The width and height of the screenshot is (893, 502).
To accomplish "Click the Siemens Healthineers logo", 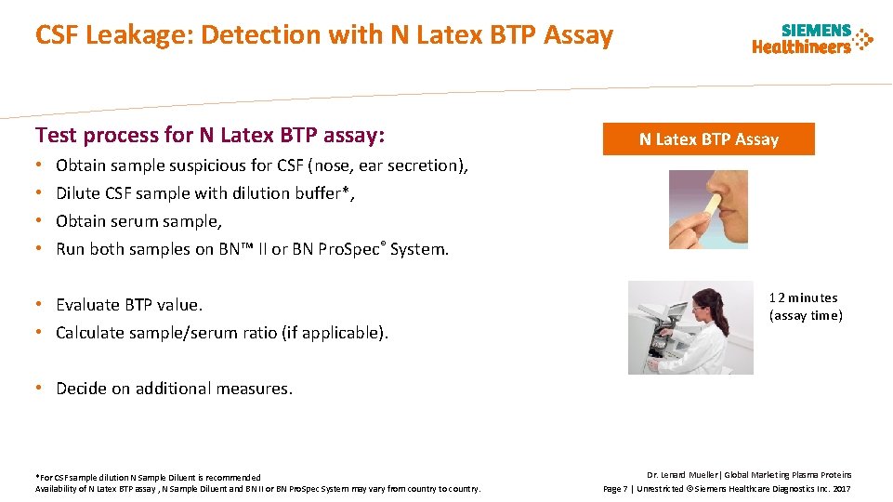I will pos(812,39).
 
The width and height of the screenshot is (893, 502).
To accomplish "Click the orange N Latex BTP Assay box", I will pos(708,139).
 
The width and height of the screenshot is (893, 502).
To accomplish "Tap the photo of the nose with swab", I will pos(708,209).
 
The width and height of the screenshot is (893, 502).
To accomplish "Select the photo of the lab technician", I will pos(690,327).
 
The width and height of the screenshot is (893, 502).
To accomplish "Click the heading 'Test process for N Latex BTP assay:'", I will pos(209,136).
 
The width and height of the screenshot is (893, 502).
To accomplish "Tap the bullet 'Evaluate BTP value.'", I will pos(129,305).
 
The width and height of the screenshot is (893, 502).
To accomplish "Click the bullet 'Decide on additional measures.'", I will pos(174,389).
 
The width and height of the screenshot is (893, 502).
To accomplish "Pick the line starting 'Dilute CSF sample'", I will pos(205,193).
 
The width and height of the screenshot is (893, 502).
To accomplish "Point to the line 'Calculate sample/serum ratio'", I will pos(222,333).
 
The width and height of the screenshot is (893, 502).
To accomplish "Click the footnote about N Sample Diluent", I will pos(149,477).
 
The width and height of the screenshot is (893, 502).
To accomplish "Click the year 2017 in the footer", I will pos(841,488).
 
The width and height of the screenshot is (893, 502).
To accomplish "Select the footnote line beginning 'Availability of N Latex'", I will pos(258,488).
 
